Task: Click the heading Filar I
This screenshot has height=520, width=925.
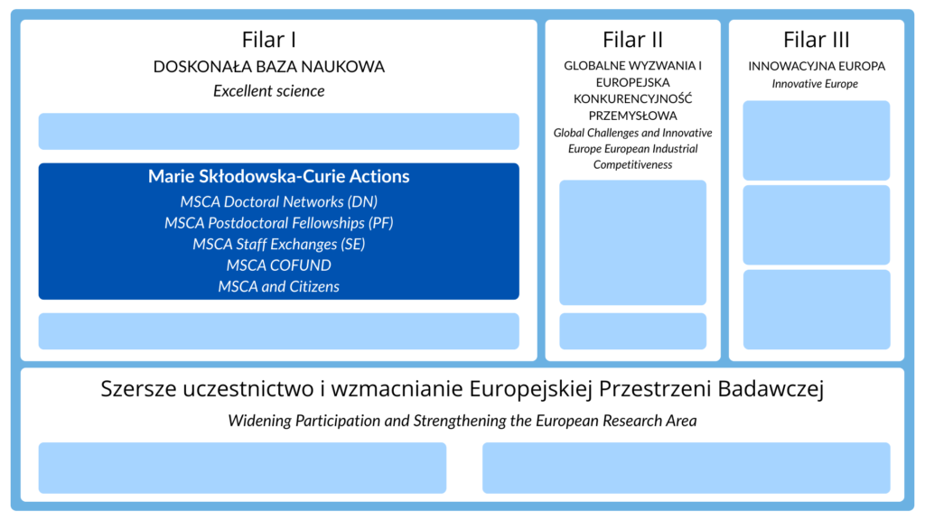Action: tap(269, 40)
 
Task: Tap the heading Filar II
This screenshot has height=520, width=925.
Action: tap(632, 40)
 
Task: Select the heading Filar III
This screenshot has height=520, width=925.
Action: tap(817, 40)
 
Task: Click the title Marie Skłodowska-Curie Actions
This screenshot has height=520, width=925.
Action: tap(278, 177)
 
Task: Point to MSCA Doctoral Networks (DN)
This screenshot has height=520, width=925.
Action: tap(278, 201)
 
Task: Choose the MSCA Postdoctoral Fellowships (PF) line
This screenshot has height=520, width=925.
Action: tap(278, 223)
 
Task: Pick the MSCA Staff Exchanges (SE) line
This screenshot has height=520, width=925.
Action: tap(278, 245)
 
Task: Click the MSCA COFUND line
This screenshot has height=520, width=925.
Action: tap(278, 265)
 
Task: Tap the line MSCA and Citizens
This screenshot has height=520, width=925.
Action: tap(278, 287)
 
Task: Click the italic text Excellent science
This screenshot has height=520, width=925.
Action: tap(269, 91)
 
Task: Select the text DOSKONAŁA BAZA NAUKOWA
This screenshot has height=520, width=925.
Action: tap(269, 67)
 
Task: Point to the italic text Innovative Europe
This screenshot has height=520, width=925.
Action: tap(815, 84)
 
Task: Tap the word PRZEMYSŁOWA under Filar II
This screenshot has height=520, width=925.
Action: tap(632, 116)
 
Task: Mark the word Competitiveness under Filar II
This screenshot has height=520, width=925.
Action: tap(632, 164)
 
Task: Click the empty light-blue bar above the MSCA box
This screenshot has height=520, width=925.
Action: tap(278, 131)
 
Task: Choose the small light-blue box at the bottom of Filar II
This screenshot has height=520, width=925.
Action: tap(632, 331)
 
